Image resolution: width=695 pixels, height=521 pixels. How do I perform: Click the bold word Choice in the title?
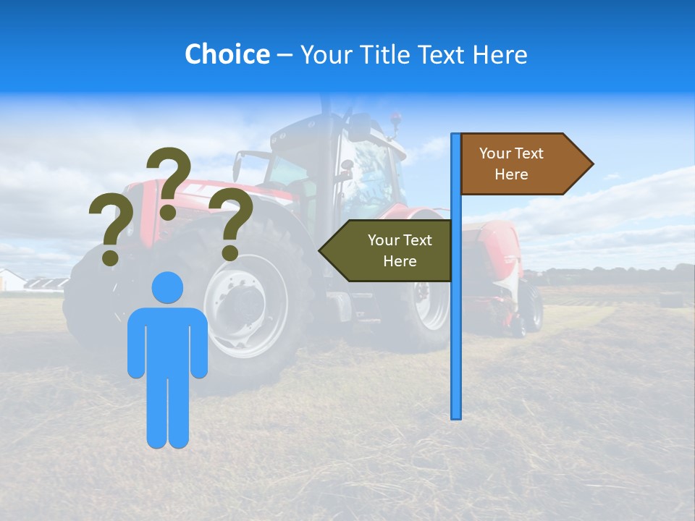coord(227,54)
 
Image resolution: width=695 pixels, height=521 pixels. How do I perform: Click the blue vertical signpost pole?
coord(455,326)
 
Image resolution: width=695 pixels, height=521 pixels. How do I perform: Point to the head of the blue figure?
coord(167,287)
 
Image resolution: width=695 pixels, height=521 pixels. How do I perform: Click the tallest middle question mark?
coord(169,181)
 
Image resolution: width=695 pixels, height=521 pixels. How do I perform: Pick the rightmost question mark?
coord(231,222)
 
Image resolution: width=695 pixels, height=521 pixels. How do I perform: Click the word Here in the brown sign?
coord(511,174)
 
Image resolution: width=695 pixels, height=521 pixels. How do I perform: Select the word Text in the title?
coord(444,54)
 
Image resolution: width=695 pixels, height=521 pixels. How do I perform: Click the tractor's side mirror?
coord(237,166)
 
